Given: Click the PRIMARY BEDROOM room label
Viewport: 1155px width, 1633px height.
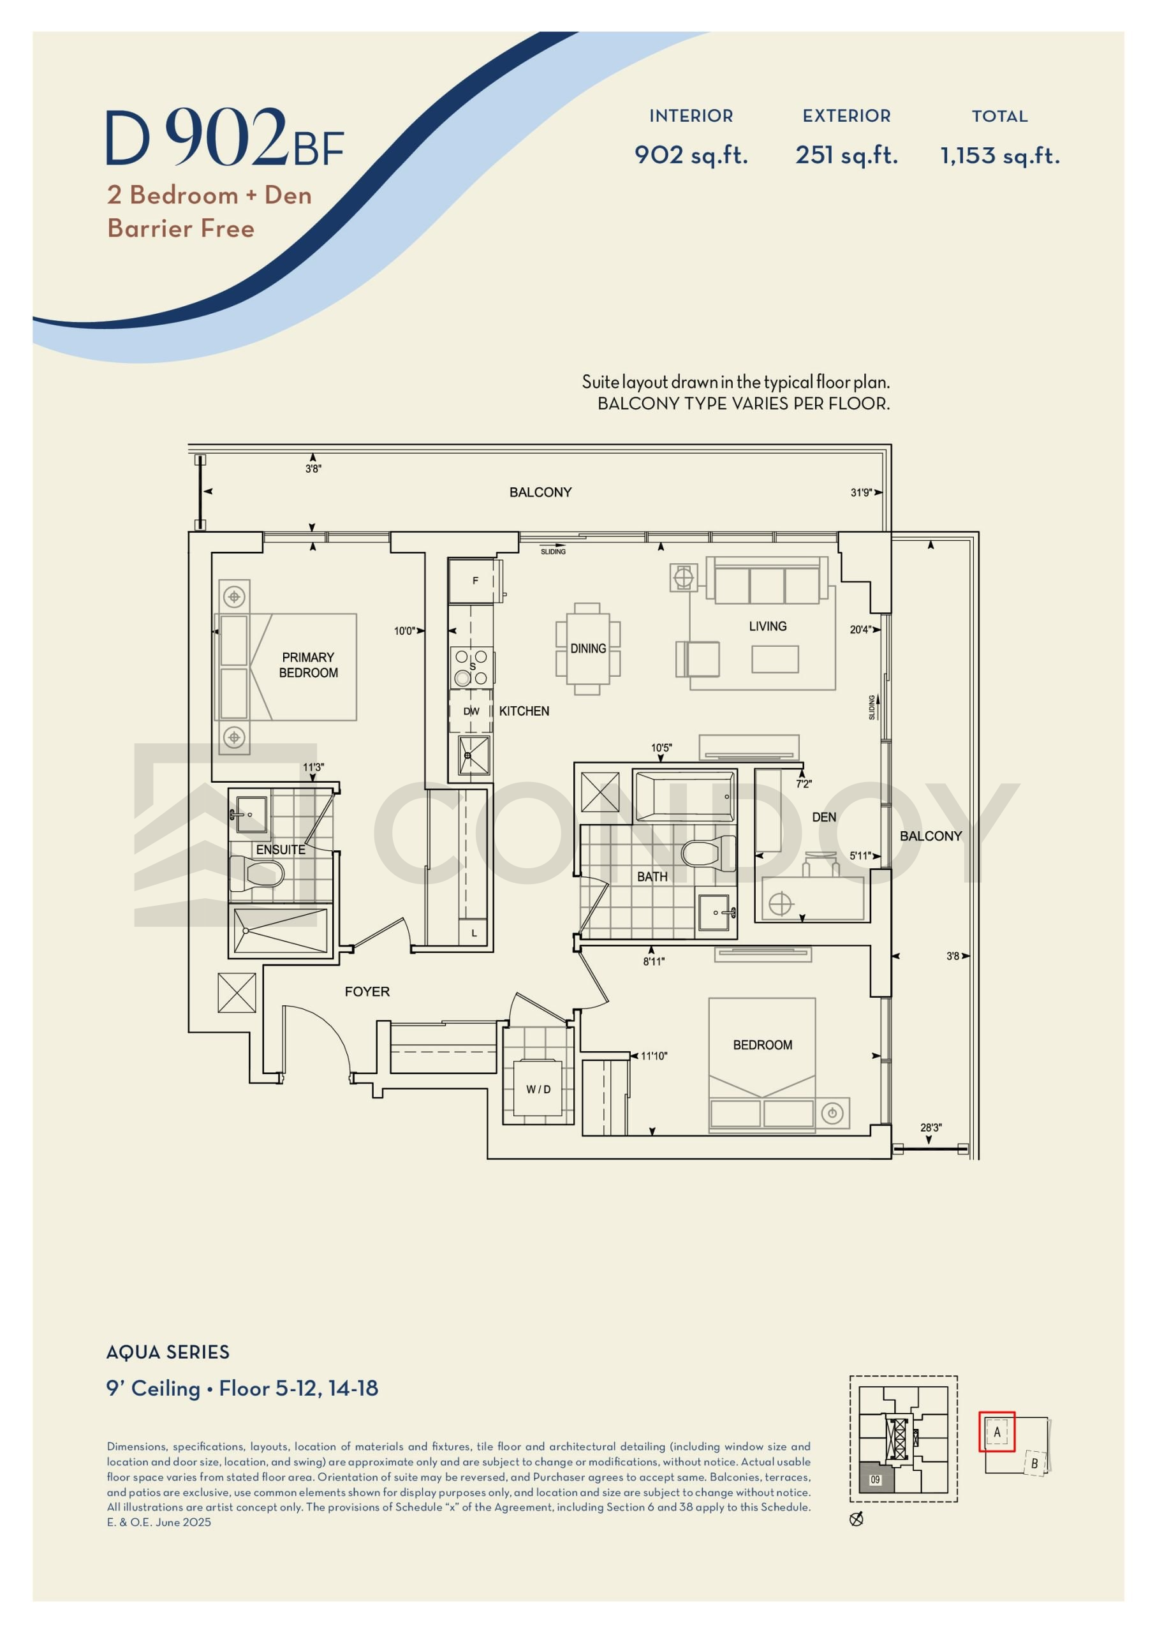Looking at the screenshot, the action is point(308,665).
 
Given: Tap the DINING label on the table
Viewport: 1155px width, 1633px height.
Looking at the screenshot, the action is point(588,649).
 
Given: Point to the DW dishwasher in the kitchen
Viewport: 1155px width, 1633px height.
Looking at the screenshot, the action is point(471,711).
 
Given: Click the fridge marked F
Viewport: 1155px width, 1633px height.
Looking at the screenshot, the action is point(475,581).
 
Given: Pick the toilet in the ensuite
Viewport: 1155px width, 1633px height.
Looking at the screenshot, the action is point(257,873).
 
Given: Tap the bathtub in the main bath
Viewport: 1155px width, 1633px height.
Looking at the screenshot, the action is point(684,797).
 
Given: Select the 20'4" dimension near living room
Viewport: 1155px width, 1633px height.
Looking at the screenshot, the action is point(860,630).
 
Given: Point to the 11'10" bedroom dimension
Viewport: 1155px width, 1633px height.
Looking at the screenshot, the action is point(654,1056).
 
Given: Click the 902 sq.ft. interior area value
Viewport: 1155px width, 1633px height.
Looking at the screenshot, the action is point(691,155).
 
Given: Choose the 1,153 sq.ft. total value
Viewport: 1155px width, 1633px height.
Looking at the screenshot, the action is point(1000,156).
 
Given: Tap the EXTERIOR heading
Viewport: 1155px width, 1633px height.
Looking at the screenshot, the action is point(846,116).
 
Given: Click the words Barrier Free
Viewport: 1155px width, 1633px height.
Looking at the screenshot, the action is point(180,228).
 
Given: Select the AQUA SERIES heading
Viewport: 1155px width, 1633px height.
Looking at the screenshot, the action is point(168,1352).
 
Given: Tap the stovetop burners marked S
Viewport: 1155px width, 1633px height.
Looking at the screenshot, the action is point(471,667).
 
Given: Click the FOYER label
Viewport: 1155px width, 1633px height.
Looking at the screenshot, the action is point(367,991).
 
